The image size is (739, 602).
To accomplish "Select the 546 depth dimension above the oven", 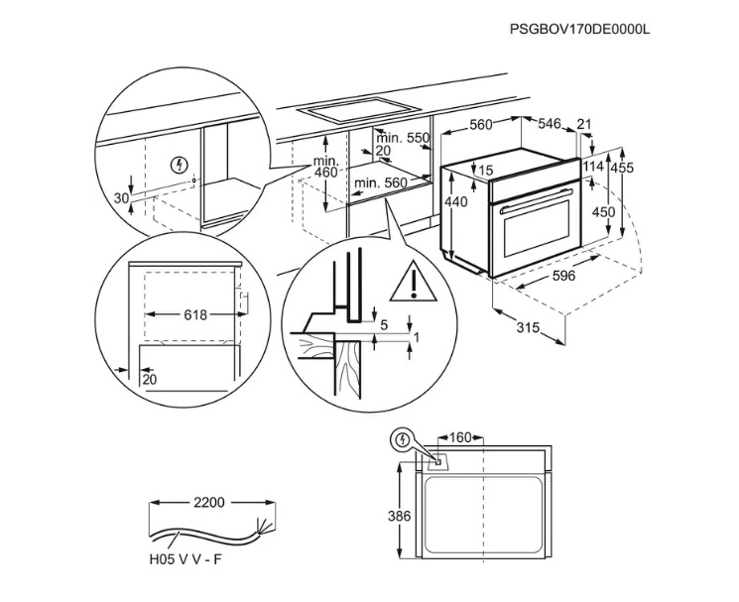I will coord(550,124).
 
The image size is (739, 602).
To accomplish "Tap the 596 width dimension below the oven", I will coord(563,276).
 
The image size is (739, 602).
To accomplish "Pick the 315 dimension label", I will coord(529,328).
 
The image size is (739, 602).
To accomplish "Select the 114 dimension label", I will coord(593,166).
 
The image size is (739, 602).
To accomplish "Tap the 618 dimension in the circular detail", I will coord(195,314).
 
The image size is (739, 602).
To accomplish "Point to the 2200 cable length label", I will coord(209,503).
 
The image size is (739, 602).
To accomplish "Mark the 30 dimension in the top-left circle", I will coord(121,198).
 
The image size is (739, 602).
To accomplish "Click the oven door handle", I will coord(536,210).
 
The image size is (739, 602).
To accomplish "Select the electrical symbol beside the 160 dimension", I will coord(403,438).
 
